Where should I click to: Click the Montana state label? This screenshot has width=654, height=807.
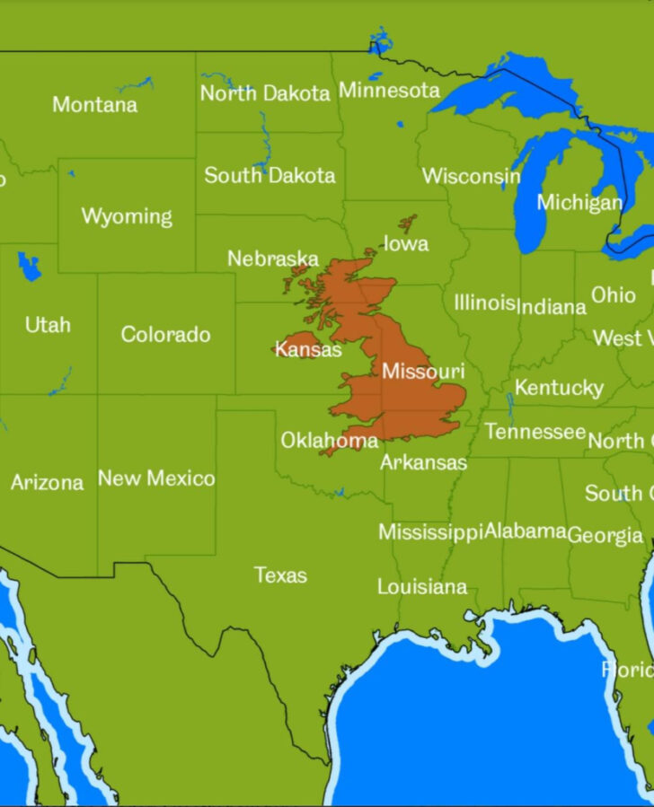click(x=94, y=105)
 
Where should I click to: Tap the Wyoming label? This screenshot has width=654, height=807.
click(x=127, y=216)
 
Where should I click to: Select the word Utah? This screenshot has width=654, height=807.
click(x=48, y=325)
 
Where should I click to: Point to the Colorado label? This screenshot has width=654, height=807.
click(x=165, y=335)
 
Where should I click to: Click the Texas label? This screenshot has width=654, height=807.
click(x=280, y=575)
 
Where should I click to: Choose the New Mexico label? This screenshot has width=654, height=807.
click(x=156, y=478)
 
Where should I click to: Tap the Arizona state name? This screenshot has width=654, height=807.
click(x=47, y=483)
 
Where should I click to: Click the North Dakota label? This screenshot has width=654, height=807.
click(x=265, y=93)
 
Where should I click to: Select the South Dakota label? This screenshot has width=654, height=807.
click(x=270, y=176)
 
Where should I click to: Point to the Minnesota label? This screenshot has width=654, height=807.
click(x=389, y=91)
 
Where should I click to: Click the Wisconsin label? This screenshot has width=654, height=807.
click(x=471, y=176)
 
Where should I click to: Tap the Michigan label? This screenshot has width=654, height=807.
click(x=579, y=203)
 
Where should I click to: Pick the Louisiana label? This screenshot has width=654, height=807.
click(x=421, y=587)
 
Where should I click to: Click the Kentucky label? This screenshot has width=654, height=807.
click(x=559, y=388)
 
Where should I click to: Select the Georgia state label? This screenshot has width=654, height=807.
click(x=605, y=536)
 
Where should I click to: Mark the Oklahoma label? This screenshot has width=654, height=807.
click(x=329, y=441)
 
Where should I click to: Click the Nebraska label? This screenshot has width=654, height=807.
click(x=272, y=259)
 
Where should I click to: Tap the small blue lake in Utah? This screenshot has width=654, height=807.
click(x=29, y=266)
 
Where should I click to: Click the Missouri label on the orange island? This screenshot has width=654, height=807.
click(x=423, y=371)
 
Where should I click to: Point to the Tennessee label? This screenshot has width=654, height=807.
click(x=535, y=432)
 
